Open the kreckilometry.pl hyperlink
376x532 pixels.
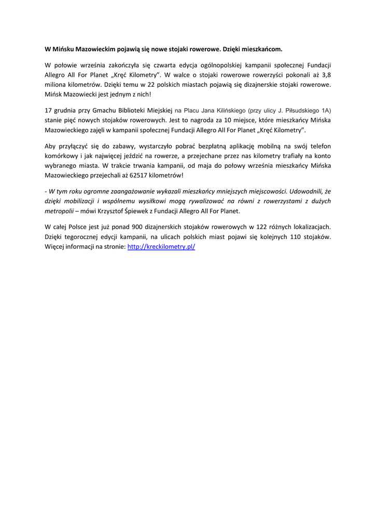pyautogui.click(x=161, y=247)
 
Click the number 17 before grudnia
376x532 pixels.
pyautogui.click(x=49, y=111)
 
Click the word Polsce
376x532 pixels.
pyautogui.click(x=78, y=227)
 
